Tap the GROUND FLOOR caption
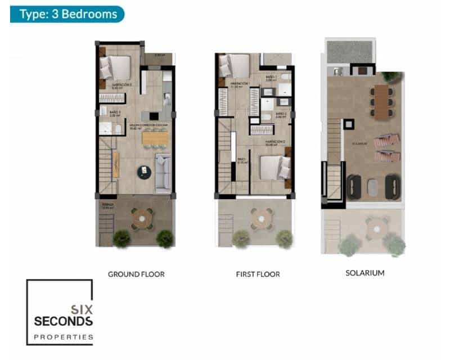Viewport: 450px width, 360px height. tap(136, 274)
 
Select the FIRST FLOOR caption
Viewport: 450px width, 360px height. tap(258, 274)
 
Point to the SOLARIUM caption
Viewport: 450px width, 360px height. tap(365, 273)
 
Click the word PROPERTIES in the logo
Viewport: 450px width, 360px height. tap(63, 337)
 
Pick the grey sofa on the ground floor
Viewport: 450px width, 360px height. tap(163, 173)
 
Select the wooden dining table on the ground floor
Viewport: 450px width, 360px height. tap(155, 138)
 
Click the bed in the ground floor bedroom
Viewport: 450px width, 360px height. tap(116, 68)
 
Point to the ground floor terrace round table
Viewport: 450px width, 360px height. tap(142, 218)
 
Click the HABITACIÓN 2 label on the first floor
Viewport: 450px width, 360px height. tap(274, 142)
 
